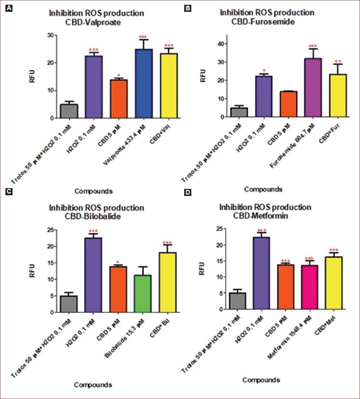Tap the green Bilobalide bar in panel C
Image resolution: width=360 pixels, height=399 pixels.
pyautogui.click(x=142, y=294)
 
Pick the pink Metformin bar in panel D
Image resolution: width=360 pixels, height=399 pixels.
pyautogui.click(x=309, y=287)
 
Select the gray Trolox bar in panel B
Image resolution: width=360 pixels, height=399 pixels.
pyautogui.click(x=239, y=112)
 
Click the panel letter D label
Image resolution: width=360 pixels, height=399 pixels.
pyautogui.click(x=187, y=192)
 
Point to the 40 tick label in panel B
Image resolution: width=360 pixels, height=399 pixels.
pyautogui.click(x=220, y=44)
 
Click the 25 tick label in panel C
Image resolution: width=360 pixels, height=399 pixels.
pyautogui.click(x=50, y=230)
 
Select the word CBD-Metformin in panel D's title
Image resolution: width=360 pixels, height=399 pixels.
pyautogui.click(x=261, y=216)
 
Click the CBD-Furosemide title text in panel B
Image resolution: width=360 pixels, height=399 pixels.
pyautogui.click(x=263, y=22)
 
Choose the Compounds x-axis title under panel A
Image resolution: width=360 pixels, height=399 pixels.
pyautogui.click(x=94, y=191)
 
